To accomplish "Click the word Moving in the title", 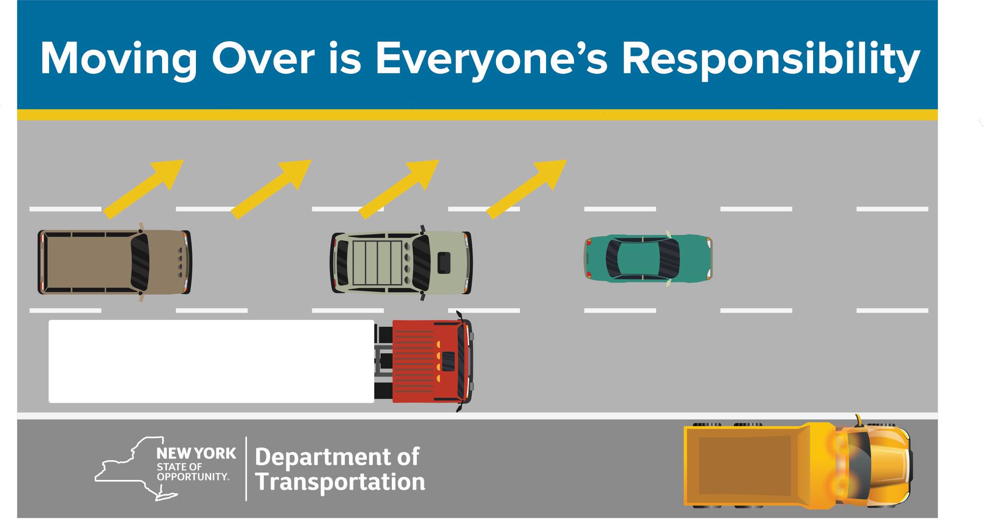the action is tap(119, 59).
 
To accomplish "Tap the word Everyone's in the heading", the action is tap(491, 59).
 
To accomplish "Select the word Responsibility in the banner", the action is tap(770, 59).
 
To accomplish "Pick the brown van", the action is tap(115, 262).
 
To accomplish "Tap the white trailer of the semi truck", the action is tap(211, 361).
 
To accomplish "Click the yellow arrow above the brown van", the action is tap(143, 188).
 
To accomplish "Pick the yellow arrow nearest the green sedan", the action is tap(526, 188).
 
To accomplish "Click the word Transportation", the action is tap(340, 481).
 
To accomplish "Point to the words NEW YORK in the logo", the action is tap(196, 453).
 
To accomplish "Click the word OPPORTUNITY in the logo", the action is tap(192, 477).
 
